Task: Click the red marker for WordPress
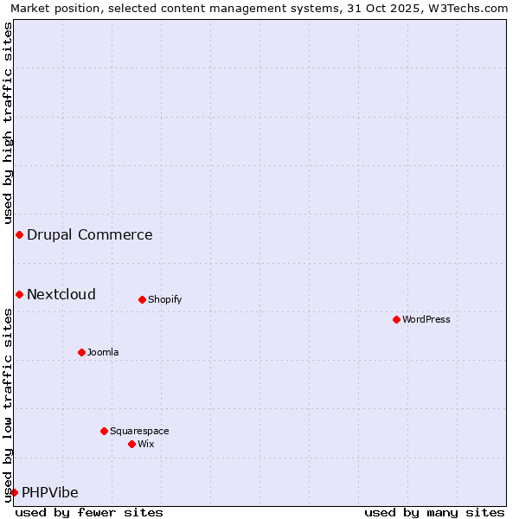click(x=396, y=319)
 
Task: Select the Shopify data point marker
click(x=142, y=299)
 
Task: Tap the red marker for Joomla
click(x=81, y=352)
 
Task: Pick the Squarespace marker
click(x=104, y=431)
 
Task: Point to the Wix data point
click(x=131, y=444)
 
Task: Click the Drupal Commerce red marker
click(x=19, y=234)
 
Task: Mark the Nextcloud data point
click(x=19, y=294)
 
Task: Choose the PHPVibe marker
click(x=14, y=492)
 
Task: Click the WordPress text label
click(x=426, y=319)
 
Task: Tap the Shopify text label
click(x=164, y=299)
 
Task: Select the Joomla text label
click(x=103, y=352)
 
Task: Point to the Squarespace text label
click(x=139, y=431)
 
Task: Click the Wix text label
click(x=146, y=444)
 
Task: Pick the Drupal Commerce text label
click(x=90, y=234)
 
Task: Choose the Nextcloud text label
click(x=61, y=294)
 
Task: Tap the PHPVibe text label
click(x=50, y=492)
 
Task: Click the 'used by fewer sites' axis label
click(x=89, y=512)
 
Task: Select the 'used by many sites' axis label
click(x=434, y=512)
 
